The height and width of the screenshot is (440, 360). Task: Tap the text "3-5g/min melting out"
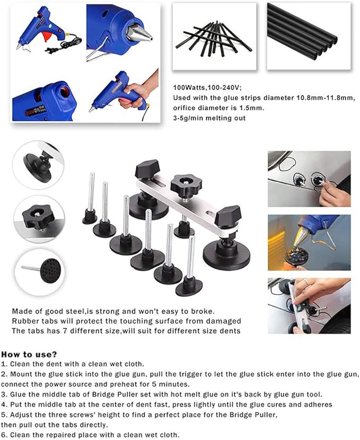pyautogui.click(x=209, y=118)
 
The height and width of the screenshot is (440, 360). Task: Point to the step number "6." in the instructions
pyautogui.click(x=4, y=435)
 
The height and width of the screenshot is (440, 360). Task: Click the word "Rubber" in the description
pyautogui.click(x=24, y=321)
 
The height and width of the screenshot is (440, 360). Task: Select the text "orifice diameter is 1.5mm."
pyautogui.click(x=211, y=108)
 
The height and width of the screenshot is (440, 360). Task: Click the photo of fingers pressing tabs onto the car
pyautogui.click(x=309, y=179)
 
